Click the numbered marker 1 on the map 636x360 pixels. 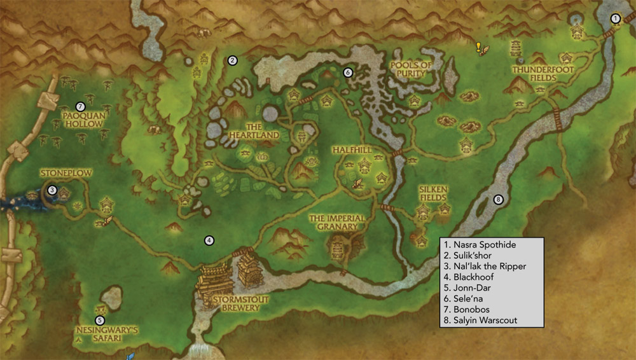[615, 18]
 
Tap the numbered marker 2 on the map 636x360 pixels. [233, 60]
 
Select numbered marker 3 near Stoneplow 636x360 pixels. [52, 189]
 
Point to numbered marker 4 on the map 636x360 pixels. [208, 240]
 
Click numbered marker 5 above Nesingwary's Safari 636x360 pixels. [99, 320]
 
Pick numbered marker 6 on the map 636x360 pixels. [348, 73]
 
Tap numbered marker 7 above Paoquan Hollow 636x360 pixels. [79, 106]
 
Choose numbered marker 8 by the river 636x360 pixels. [498, 199]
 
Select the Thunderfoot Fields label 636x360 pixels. [535, 73]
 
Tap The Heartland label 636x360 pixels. [245, 131]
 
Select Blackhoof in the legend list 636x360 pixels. [470, 277]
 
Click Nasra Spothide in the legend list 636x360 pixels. [480, 245]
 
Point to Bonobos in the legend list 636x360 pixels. [467, 310]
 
